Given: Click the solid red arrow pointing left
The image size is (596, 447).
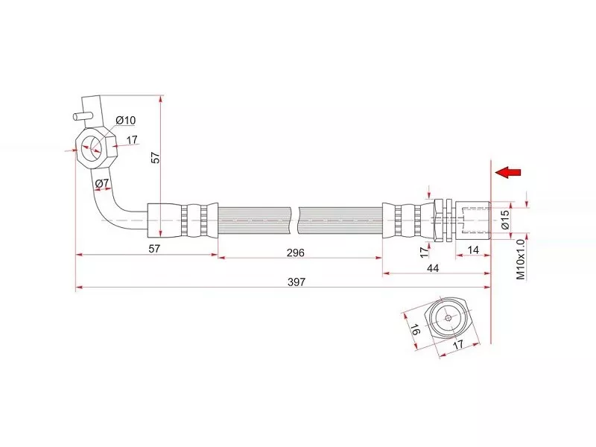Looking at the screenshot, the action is click(508, 173).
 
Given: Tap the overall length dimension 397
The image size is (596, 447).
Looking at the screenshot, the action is click(296, 282).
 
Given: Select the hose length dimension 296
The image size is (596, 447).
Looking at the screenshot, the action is click(295, 253).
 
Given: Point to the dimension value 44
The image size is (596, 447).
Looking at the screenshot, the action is click(433, 268).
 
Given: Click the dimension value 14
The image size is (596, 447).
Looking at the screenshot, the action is click(473, 250).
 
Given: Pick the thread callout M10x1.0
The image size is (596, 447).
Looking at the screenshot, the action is click(521, 259).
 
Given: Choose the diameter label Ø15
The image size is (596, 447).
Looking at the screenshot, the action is click(505, 220).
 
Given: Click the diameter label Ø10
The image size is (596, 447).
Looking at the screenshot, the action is click(125, 121).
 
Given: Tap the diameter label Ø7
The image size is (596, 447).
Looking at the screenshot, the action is click(102, 183).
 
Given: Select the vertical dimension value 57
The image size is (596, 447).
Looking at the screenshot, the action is click(156, 157).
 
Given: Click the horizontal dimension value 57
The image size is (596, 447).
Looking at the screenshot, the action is click(154, 249).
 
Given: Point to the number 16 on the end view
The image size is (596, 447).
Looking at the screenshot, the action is click(416, 330).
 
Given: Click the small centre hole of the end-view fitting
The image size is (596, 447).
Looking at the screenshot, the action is click(448, 318).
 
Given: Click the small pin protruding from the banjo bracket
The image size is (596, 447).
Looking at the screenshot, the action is click(82, 116).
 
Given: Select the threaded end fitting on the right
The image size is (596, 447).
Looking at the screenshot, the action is click(473, 220).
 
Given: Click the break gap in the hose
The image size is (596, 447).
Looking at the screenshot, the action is click(295, 221).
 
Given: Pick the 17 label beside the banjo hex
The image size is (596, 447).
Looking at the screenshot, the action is click(132, 140).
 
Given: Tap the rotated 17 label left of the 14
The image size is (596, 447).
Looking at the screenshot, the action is click(425, 250).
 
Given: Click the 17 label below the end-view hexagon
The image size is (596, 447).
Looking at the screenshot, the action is click(458, 344).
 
